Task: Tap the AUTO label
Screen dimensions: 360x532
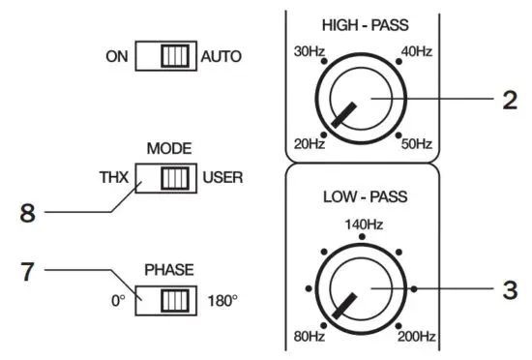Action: (x=222, y=57)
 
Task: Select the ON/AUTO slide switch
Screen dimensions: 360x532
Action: (x=165, y=57)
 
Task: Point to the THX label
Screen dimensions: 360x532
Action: (x=113, y=178)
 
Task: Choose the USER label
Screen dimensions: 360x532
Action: (x=222, y=178)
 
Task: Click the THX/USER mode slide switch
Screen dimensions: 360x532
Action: (x=165, y=178)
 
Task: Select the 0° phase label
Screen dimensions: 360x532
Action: (x=117, y=301)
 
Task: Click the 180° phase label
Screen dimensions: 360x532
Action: (x=222, y=301)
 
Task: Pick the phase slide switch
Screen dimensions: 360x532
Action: (x=165, y=301)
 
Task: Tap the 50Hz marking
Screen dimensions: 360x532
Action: (x=417, y=144)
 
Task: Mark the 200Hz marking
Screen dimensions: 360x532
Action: (x=415, y=338)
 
